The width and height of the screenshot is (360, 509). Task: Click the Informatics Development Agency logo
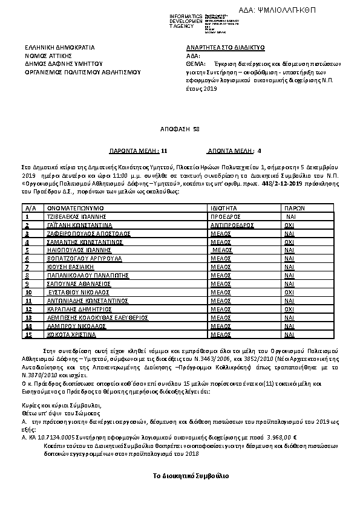pyautogui.click(x=200, y=21)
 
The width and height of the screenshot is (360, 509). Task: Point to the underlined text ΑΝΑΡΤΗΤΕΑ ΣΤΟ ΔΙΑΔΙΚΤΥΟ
pyautogui.click(x=226, y=47)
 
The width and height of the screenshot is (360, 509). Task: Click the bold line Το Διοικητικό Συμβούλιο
pyautogui.click(x=191, y=478)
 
